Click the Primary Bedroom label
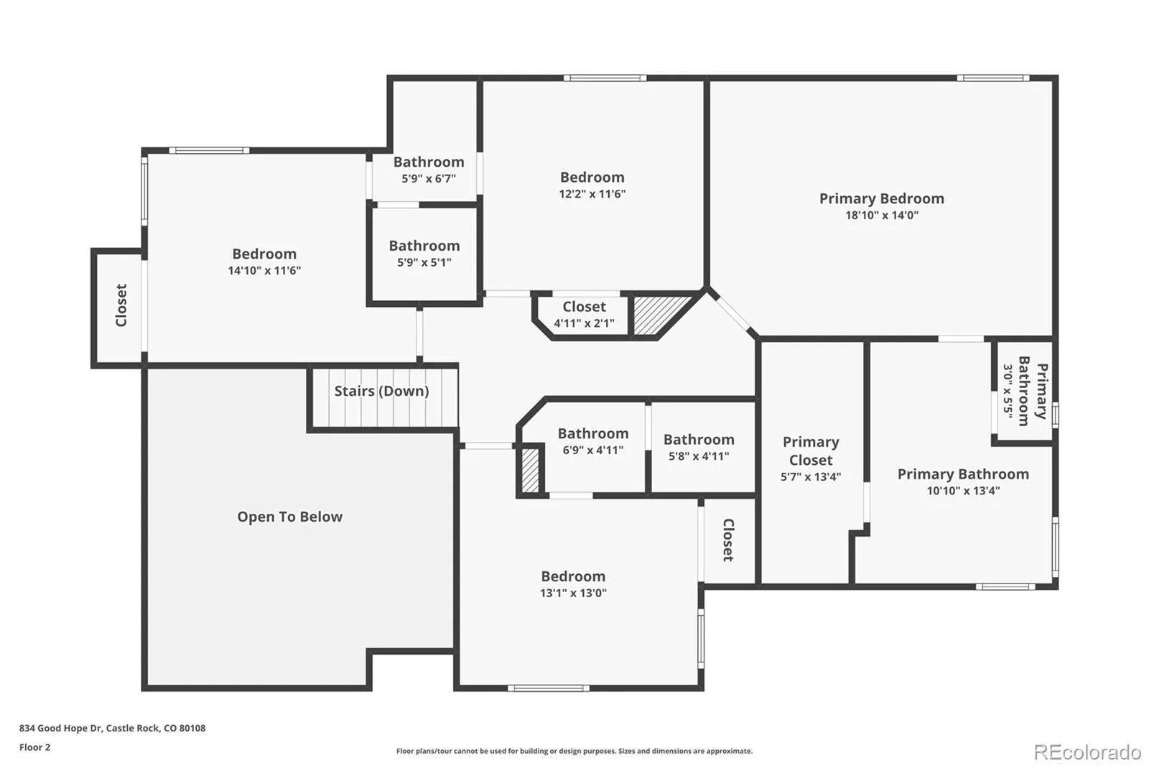881,198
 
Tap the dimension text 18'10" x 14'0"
881,215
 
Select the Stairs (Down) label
381,391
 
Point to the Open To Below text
290,517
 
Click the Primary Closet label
811,451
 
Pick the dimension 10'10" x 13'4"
963,491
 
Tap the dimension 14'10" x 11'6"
264,271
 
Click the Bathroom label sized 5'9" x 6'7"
429,162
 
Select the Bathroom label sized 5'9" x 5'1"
424,246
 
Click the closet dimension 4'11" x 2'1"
584,323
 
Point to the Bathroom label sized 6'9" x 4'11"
593,433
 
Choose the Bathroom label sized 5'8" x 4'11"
699,440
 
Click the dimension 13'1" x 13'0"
573,593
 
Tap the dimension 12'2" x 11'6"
592,194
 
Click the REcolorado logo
1087,752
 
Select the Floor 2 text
35,747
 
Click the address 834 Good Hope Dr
61,728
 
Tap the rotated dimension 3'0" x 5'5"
1008,391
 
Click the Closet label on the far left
121,305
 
